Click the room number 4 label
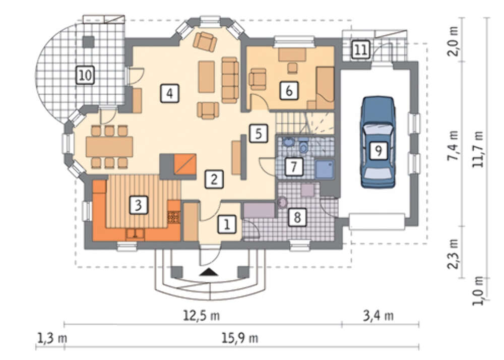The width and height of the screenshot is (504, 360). pos(170,94)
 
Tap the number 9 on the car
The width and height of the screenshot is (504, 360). pos(379,150)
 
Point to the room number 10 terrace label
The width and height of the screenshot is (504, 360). pos(85,75)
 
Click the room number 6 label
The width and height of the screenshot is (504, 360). pos(289,91)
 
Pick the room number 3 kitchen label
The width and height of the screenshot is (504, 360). pos(139,205)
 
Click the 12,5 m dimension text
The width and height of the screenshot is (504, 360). pos(202,315)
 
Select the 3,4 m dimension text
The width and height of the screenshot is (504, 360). pos(379,315)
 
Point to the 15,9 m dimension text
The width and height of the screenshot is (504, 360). pos(240,338)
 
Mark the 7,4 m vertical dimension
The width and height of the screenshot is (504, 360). pos(454,146)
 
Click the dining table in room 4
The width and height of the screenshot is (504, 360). pos(109,147)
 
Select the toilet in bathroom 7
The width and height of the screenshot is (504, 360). pos(303,146)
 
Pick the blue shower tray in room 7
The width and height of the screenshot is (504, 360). pos(325,169)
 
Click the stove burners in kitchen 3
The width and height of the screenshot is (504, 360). pos(173,217)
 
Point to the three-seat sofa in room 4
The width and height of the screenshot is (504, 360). pos(230,80)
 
